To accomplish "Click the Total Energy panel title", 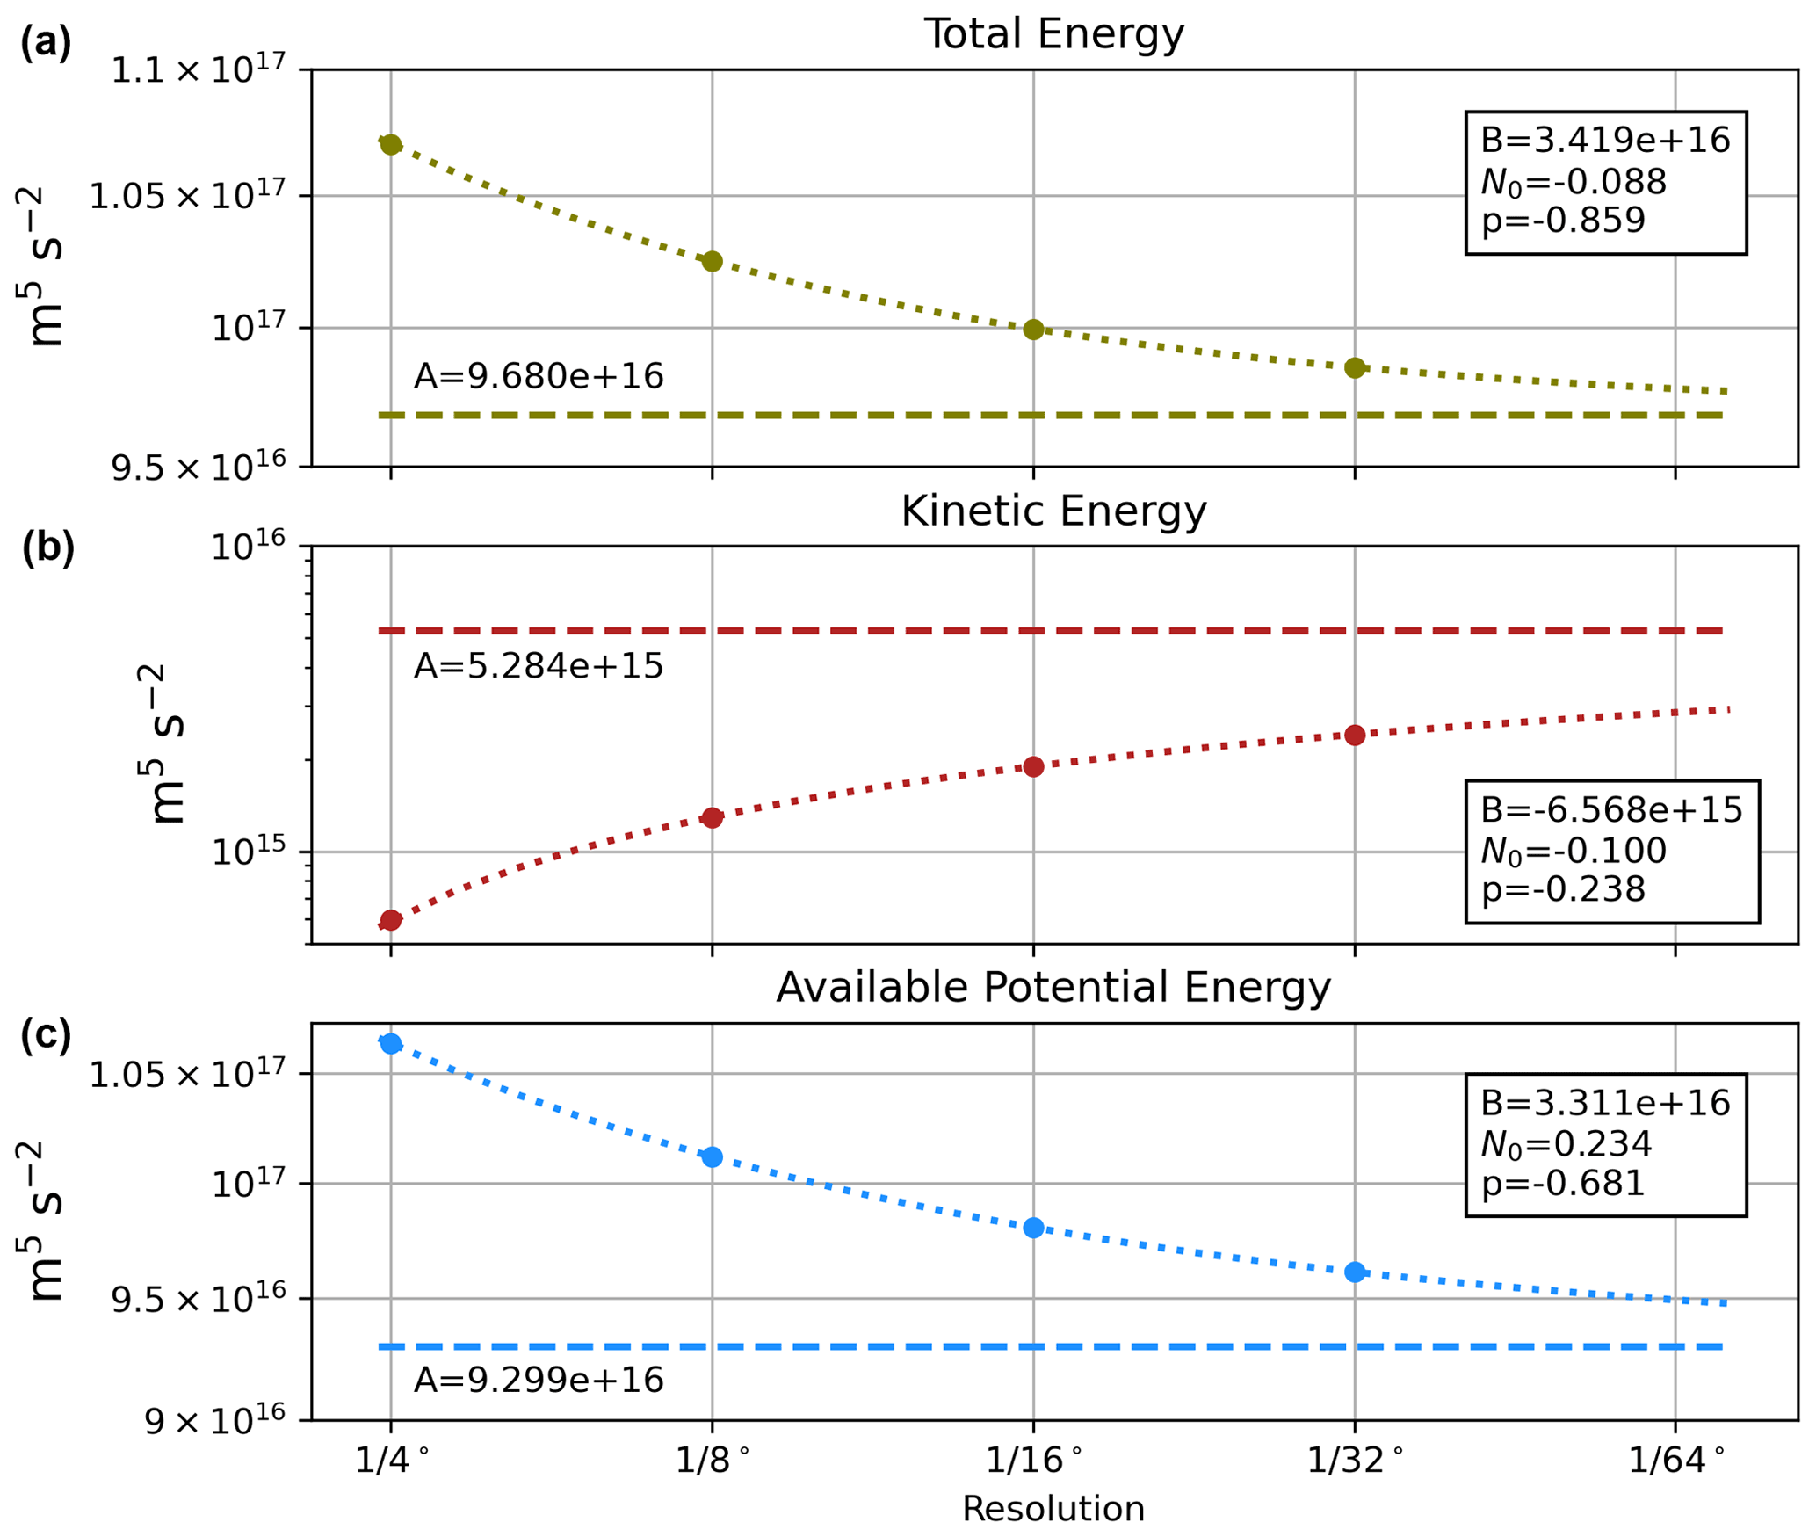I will [x=1053, y=34].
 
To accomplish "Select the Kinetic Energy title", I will [x=1053, y=511].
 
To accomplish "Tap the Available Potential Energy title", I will [x=1053, y=988].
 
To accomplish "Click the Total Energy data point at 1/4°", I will [x=391, y=145].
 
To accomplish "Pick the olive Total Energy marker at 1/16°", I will [x=1033, y=330].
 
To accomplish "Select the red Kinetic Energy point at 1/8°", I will [x=713, y=818].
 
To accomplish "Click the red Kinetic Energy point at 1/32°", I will [x=1355, y=735].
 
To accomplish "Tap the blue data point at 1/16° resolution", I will [x=1033, y=1228].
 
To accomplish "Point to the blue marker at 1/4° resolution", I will [x=391, y=1043].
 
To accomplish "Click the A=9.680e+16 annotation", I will [x=539, y=376].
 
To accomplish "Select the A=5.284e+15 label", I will [x=539, y=666].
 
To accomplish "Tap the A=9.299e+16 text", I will [x=539, y=1380].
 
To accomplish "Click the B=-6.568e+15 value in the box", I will [x=1610, y=809].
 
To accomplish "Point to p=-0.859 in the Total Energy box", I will [x=1563, y=220].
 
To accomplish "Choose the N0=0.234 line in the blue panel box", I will [x=1566, y=1143].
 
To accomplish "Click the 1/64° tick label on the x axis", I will [x=1676, y=1460].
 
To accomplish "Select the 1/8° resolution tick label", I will [x=713, y=1460].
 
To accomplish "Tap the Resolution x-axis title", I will [x=1053, y=1509].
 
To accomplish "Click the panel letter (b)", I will [x=47, y=547].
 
